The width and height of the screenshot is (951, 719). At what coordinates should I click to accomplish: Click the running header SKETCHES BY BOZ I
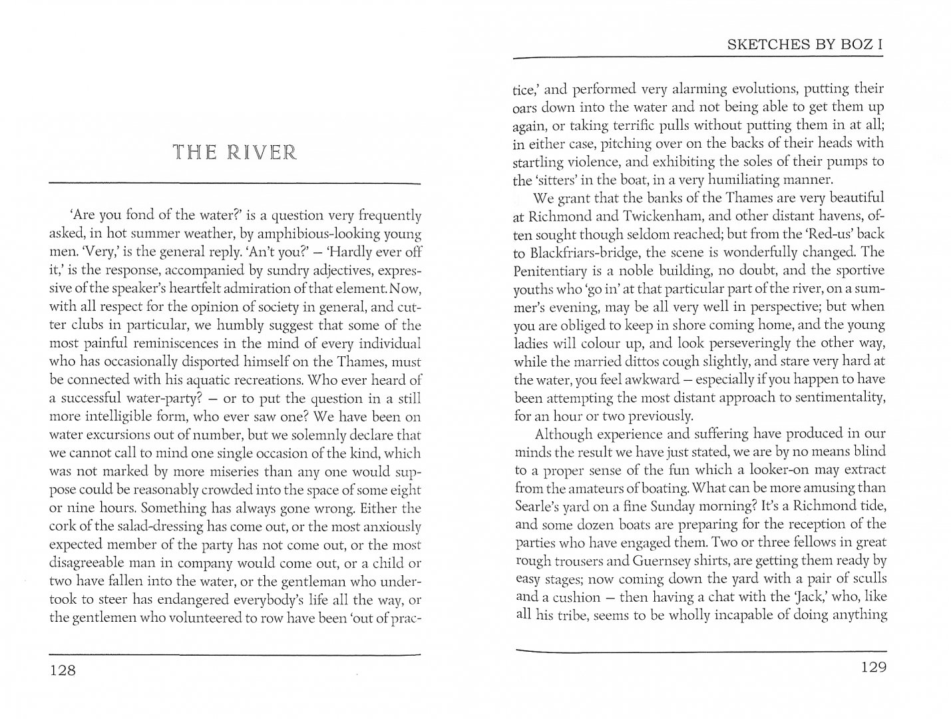[805, 45]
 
